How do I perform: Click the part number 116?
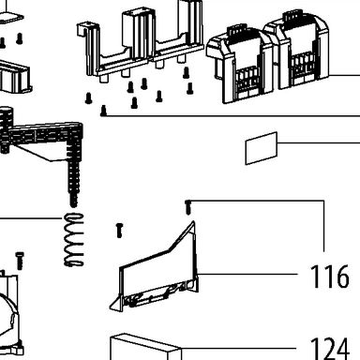coord(330,277)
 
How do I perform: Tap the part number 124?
coord(330,349)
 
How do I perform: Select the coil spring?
coord(74,240)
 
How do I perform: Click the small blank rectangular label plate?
coord(262,148)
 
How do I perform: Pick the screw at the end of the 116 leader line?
coord(187,207)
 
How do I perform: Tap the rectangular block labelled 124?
coord(145,348)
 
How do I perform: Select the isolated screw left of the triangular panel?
coord(119,231)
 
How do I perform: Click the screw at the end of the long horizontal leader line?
coord(103,112)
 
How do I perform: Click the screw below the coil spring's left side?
coord(20,261)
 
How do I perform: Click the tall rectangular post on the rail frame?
coord(134,35)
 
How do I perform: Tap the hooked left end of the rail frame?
coord(82,29)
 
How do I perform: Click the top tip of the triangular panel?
coord(193,222)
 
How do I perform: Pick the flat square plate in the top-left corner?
coord(10,17)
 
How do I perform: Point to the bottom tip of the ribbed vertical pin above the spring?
coord(73,204)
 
